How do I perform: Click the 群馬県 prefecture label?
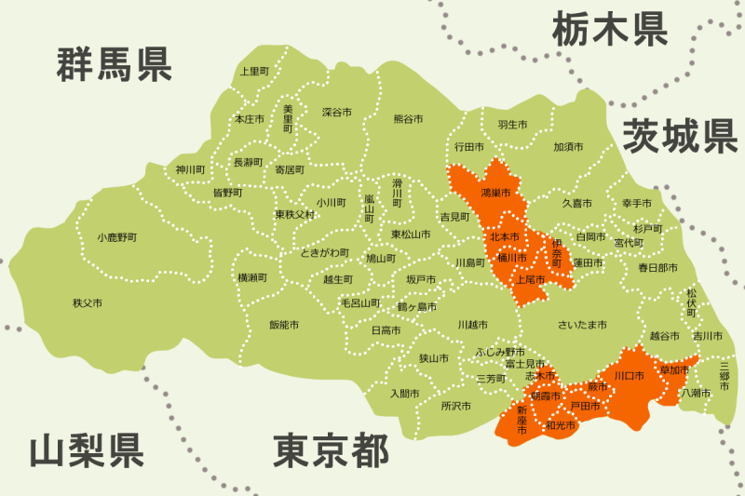[114, 64]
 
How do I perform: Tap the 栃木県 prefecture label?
[610, 29]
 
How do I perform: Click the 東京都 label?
[331, 451]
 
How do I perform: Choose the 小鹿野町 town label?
[116, 237]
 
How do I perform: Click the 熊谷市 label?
[408, 119]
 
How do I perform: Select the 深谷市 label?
[337, 112]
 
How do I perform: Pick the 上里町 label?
[254, 71]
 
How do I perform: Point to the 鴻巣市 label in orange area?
[495, 193]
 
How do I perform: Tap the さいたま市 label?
[582, 325]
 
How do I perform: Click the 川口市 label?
[629, 375]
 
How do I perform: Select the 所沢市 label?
[456, 406]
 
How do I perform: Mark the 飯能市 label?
[284, 325]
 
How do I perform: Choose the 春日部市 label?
[657, 268]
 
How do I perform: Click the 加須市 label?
[568, 147]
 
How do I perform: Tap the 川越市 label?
[472, 325]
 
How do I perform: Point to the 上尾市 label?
[529, 279]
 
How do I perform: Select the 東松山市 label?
[411, 234]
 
